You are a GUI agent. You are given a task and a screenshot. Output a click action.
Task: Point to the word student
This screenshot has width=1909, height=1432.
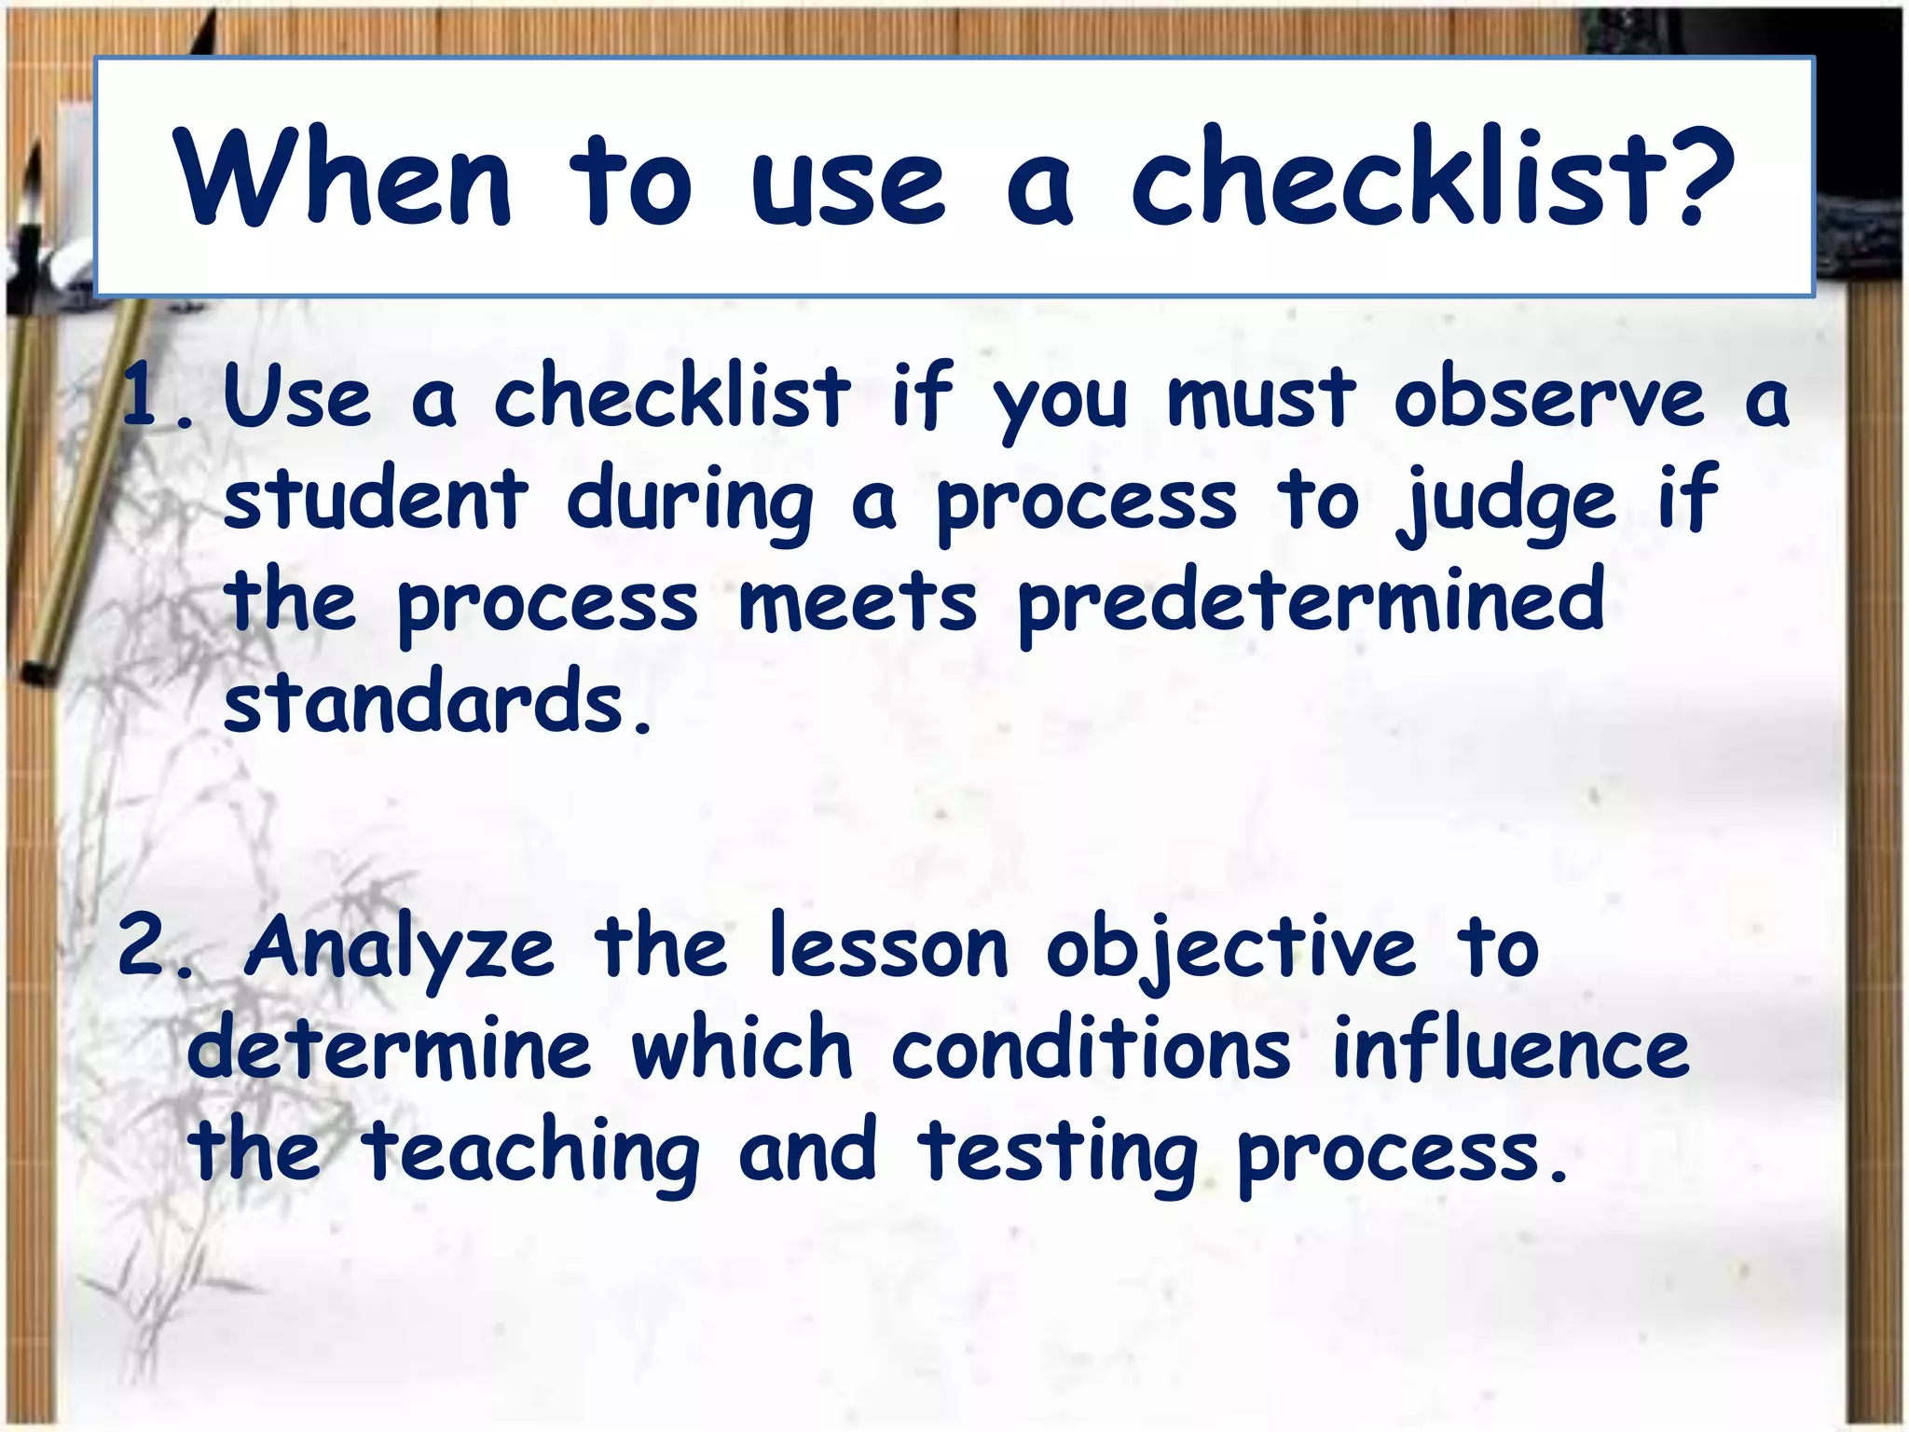pyautogui.click(x=376, y=499)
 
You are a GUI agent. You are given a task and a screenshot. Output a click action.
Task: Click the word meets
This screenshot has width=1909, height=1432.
pyautogui.click(x=858, y=601)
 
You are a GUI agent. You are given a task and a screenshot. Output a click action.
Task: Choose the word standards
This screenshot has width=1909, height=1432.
pyautogui.click(x=423, y=701)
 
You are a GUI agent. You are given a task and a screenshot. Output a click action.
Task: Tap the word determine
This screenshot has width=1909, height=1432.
pyautogui.click(x=390, y=1049)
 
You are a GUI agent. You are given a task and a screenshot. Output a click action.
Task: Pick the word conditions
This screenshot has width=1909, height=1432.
pyautogui.click(x=1091, y=1049)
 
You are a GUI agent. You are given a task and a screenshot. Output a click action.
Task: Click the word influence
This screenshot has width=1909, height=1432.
pyautogui.click(x=1511, y=1049)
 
